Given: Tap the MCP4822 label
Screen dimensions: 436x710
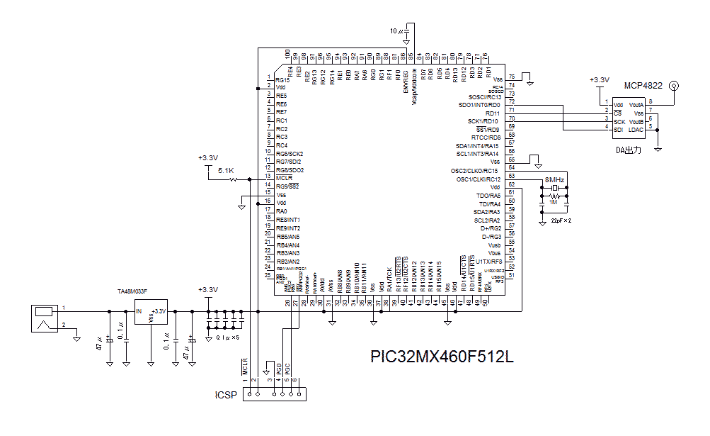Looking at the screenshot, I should coord(643,86).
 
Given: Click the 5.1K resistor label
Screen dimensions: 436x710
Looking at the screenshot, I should coord(226,171).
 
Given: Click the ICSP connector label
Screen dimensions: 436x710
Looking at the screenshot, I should coord(226,395).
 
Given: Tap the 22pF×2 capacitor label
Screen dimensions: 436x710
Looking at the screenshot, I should coord(561,221).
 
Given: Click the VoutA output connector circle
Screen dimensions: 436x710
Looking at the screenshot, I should coord(673,86).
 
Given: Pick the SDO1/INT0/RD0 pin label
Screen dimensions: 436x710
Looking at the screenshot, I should coord(479,105).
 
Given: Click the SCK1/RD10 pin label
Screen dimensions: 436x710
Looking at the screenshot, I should coord(484,121).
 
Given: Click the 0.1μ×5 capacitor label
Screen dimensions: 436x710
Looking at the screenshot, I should coord(227,337).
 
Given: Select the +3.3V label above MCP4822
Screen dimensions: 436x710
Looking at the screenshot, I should coord(599,80).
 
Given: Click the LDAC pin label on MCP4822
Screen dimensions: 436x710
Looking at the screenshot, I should coord(636,129).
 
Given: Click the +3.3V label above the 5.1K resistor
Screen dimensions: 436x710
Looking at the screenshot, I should coord(208,157).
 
